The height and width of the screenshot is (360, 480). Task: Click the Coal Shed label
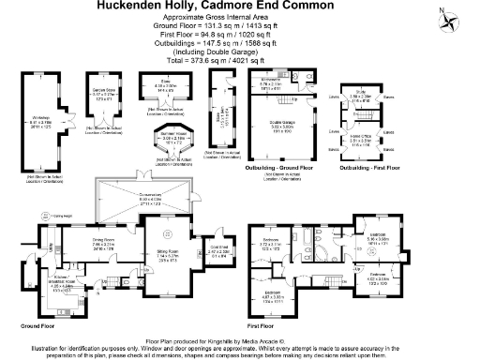tap(217, 249)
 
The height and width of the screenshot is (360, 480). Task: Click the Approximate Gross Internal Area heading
tap(239, 19)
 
